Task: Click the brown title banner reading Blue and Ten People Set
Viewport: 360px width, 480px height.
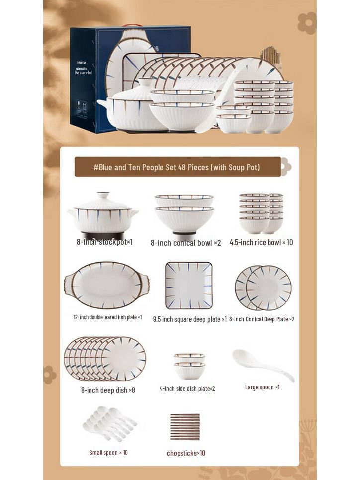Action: (x=177, y=167)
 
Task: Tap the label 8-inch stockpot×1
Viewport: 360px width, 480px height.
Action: (x=104, y=242)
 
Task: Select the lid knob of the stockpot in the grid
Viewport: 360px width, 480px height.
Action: (x=103, y=195)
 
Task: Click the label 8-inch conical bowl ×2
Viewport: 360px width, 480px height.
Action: (x=185, y=243)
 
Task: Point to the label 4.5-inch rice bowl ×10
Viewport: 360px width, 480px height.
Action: (x=261, y=242)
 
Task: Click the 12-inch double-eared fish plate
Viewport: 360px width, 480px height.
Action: (x=106, y=285)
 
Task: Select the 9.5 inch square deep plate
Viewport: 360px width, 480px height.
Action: (x=188, y=285)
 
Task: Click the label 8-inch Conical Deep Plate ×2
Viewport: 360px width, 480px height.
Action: (x=262, y=319)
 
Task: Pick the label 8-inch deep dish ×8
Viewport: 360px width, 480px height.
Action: (x=108, y=390)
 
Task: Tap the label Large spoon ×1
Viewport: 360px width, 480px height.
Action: (x=262, y=387)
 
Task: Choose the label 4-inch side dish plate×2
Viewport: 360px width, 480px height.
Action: (x=187, y=388)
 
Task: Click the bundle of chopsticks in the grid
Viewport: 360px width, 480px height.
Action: (x=184, y=426)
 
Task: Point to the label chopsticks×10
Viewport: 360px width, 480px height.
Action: (x=185, y=453)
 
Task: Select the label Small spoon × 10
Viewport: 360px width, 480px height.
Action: (x=108, y=452)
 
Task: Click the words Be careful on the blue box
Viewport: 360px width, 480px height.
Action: (x=84, y=73)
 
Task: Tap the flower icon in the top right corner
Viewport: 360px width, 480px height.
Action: (x=306, y=23)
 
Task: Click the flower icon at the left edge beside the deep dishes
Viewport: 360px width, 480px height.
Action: (x=50, y=374)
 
